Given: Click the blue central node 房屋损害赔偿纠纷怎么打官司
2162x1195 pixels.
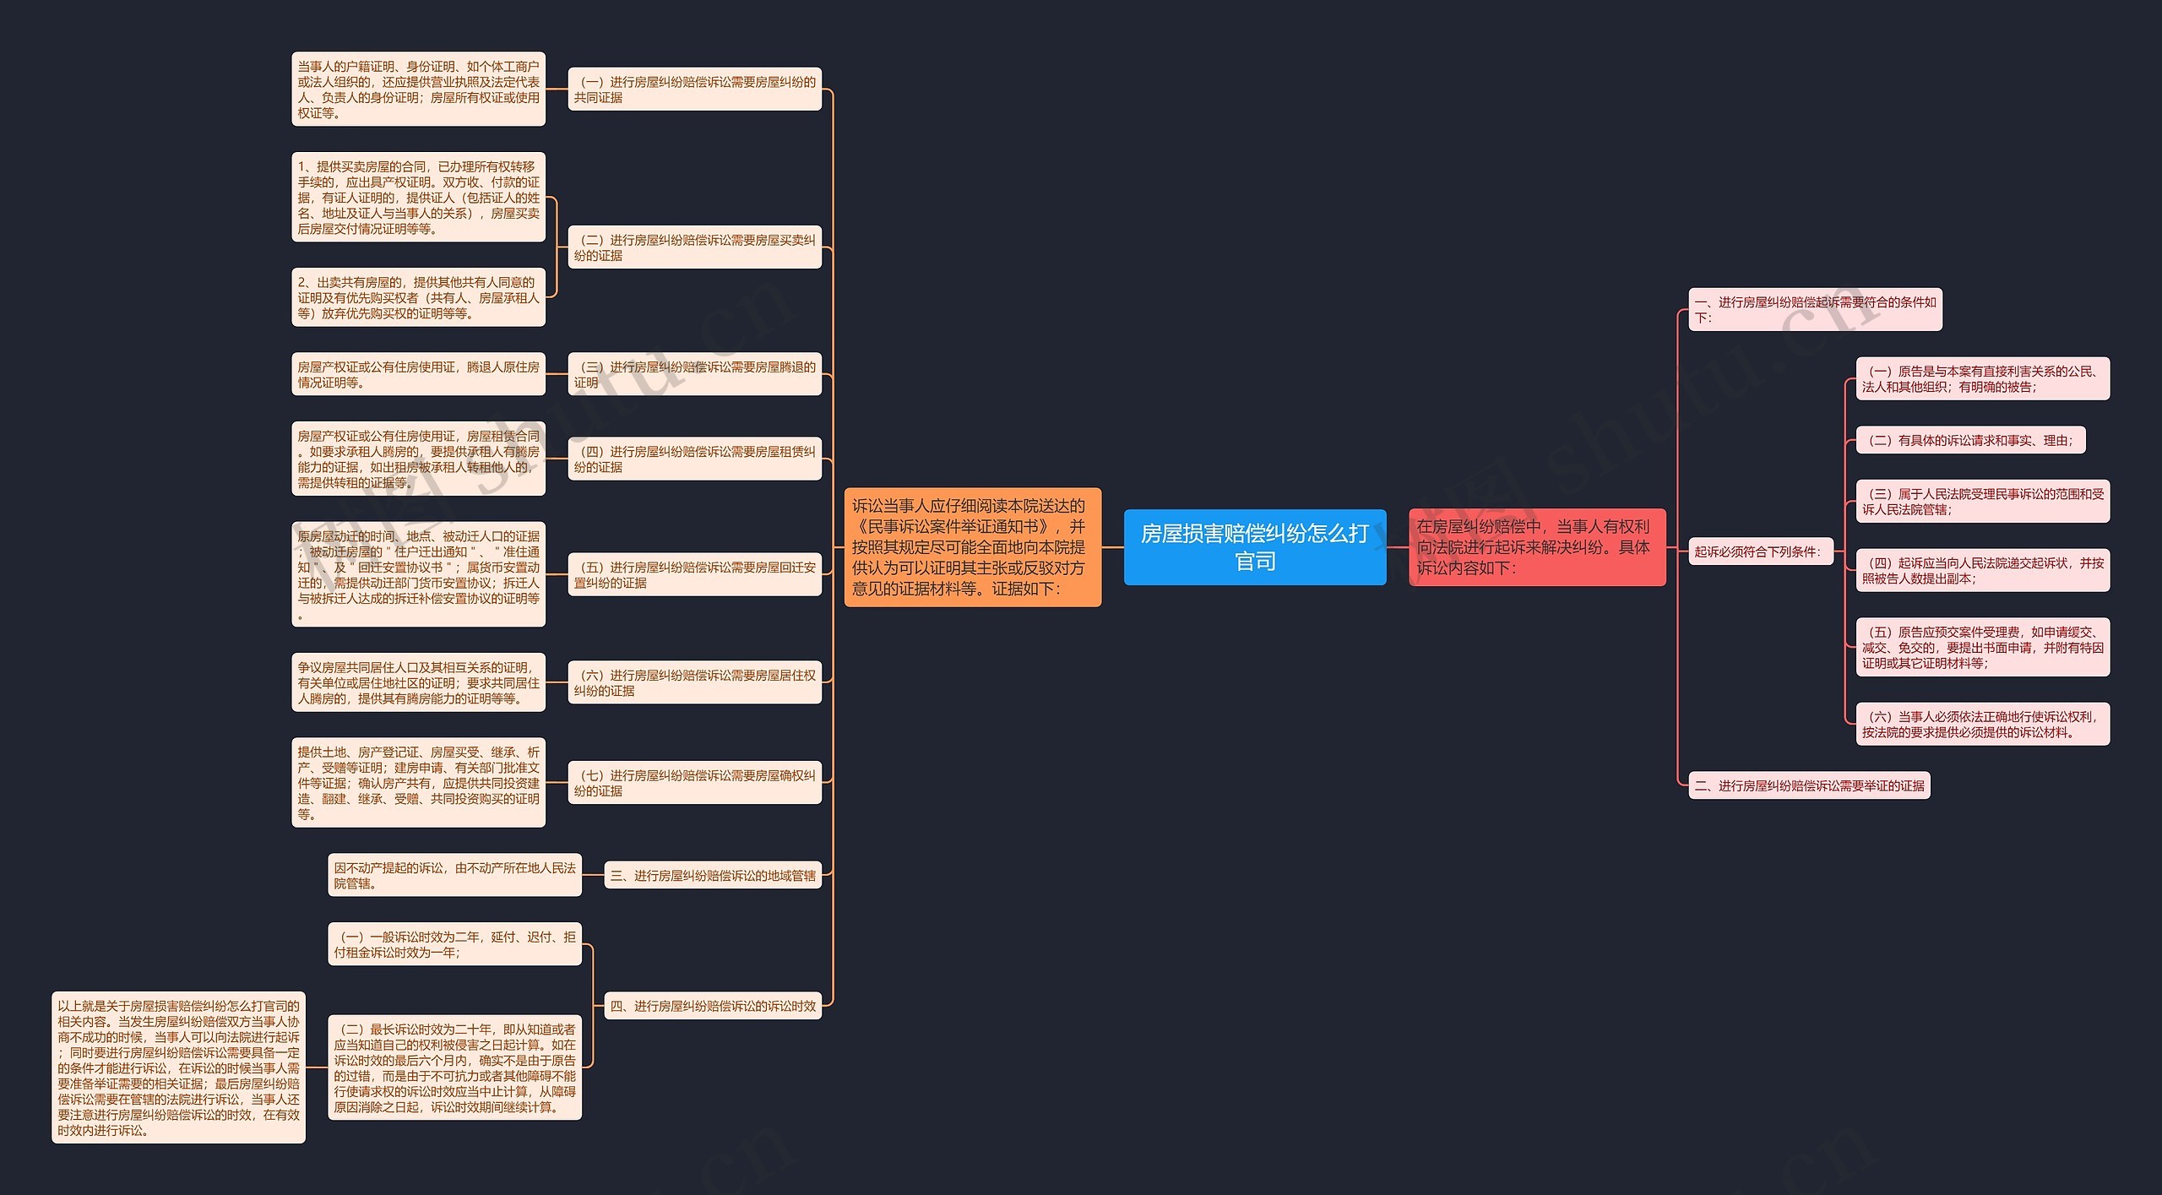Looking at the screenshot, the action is click(1255, 546).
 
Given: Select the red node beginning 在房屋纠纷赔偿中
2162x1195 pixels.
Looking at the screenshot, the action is click(1537, 546).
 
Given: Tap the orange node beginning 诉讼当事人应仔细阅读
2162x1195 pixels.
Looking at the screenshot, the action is click(973, 546).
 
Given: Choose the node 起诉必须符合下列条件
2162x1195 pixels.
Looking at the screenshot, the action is click(1761, 551).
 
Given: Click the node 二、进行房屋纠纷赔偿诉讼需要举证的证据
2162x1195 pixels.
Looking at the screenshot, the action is click(1809, 785).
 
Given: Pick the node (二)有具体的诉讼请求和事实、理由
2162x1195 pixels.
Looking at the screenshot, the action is click(1970, 440).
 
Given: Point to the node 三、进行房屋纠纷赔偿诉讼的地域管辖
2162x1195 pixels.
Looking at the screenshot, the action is click(713, 876).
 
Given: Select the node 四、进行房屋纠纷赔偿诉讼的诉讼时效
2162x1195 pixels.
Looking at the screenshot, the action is click(713, 1006).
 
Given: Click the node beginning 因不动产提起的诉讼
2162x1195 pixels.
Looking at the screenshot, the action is click(454, 875).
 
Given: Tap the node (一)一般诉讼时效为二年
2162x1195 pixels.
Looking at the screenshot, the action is click(454, 944).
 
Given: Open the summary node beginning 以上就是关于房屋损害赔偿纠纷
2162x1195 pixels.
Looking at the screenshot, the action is click(178, 1067).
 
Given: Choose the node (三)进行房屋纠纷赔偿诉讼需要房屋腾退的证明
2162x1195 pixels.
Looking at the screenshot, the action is click(694, 374).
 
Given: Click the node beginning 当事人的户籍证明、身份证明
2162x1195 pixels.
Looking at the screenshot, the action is click(418, 89).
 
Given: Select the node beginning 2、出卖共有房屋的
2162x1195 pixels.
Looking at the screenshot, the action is click(418, 297).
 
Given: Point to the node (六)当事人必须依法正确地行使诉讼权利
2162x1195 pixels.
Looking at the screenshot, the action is click(1983, 724).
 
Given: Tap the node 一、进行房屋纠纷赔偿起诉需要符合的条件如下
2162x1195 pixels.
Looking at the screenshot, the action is click(1815, 309).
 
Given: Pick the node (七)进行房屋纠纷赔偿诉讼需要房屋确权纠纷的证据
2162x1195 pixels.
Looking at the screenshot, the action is click(694, 782).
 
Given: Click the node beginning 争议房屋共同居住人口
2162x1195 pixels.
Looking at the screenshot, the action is click(418, 682).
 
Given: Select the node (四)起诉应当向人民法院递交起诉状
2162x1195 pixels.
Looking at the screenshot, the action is click(1983, 570).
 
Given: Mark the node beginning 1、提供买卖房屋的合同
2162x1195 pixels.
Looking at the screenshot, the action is click(418, 197).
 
